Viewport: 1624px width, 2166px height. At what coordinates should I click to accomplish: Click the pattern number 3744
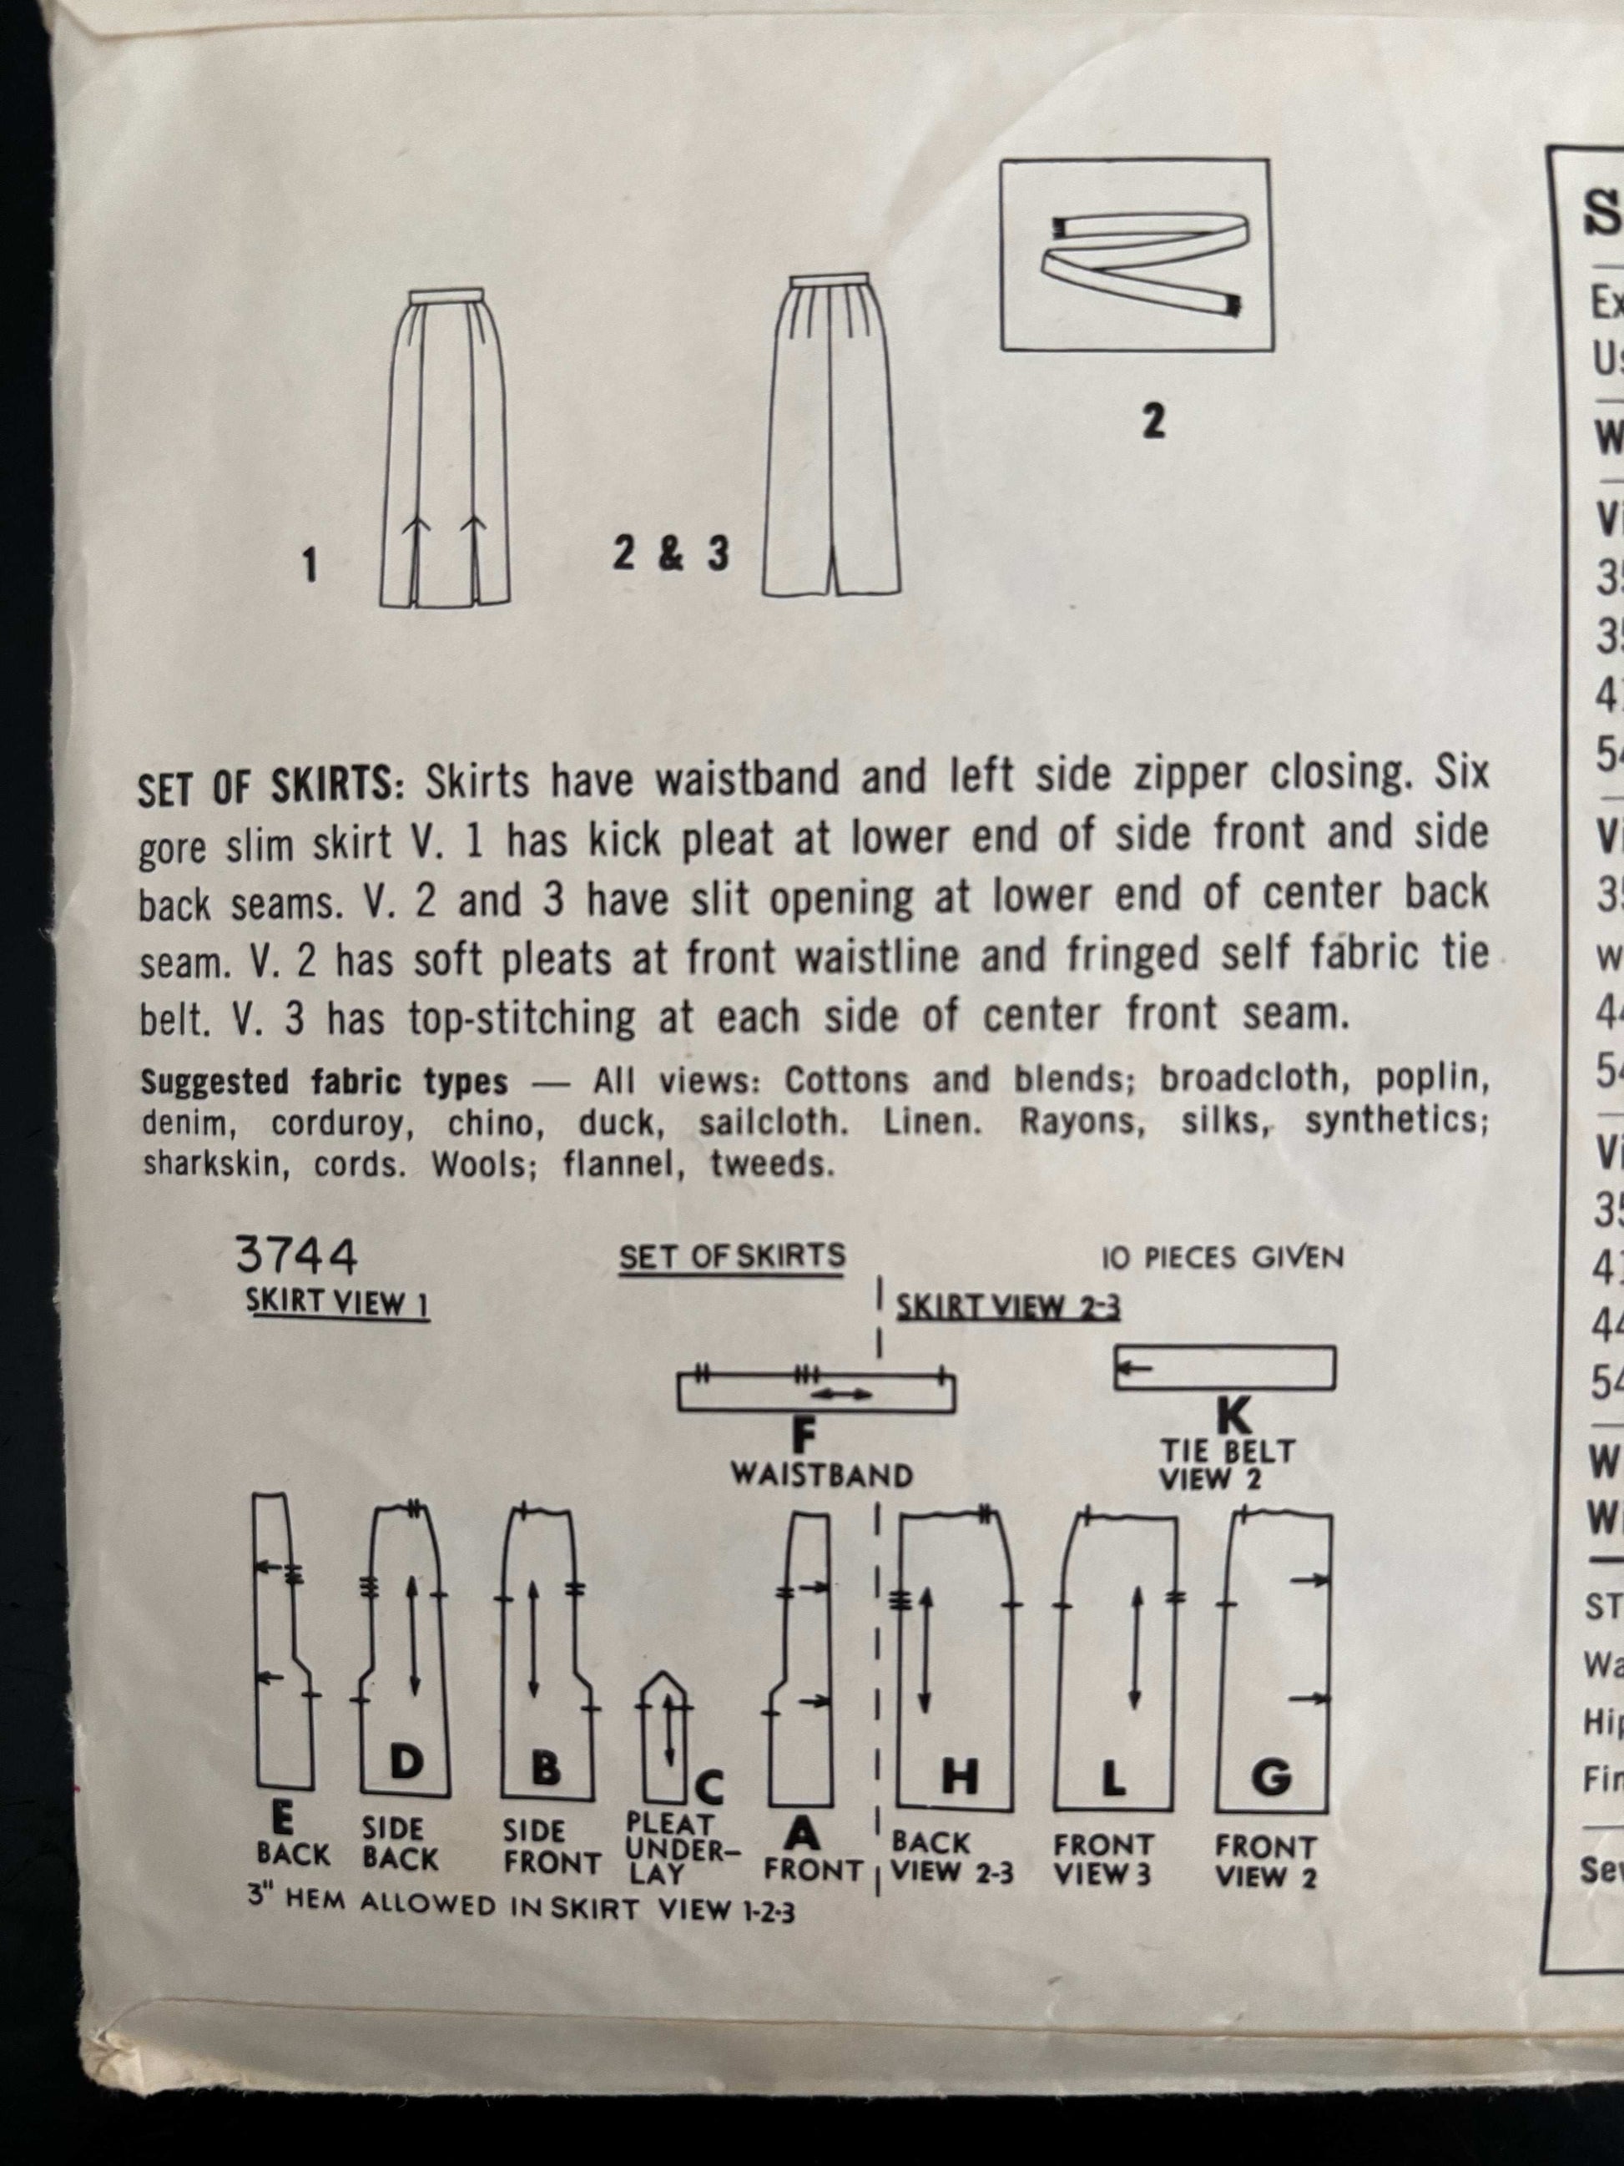(x=295, y=1257)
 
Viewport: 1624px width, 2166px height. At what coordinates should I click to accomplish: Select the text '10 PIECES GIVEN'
(x=1222, y=1257)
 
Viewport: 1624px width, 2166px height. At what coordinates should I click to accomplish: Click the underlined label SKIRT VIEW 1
(x=337, y=1305)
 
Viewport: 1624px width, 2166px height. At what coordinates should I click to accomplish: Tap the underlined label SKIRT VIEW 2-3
(x=1008, y=1307)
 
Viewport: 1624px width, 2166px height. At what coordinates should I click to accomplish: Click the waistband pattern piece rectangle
(x=815, y=1393)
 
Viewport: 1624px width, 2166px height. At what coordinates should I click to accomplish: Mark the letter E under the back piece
(x=282, y=1820)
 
